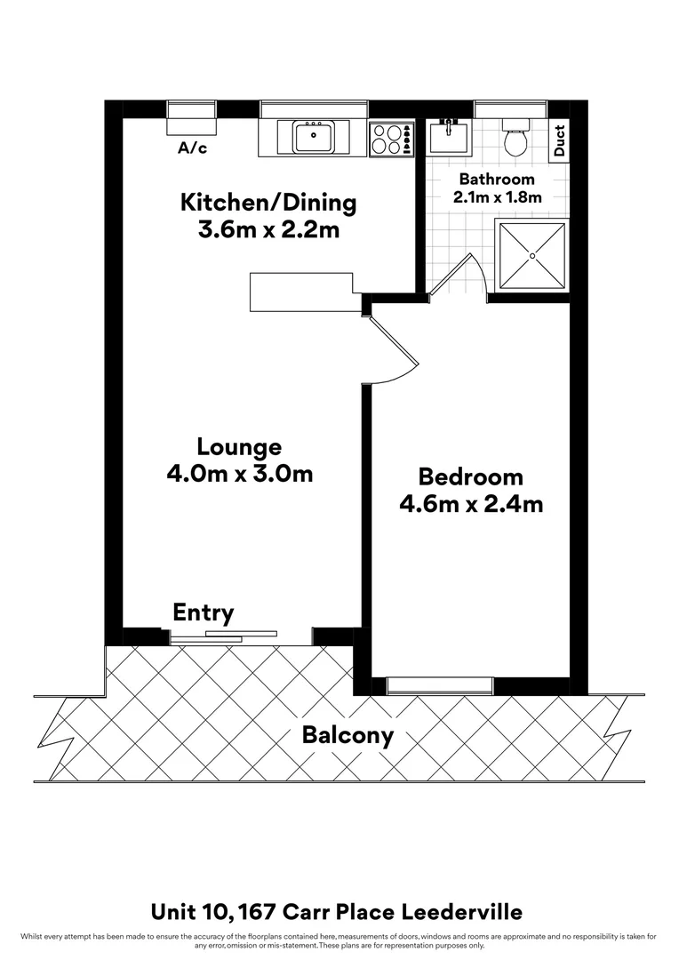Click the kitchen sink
tap(313, 138)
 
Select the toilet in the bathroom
tap(515, 140)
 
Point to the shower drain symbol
tap(532, 256)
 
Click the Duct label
tap(559, 140)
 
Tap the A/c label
tap(193, 148)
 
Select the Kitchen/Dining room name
tap(268, 202)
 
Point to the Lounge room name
tap(239, 446)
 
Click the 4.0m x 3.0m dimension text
tap(239, 474)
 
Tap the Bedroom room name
tap(471, 476)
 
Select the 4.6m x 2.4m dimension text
tap(471, 504)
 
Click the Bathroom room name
tap(497, 180)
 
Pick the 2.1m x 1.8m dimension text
tap(497, 197)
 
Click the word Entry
tap(204, 612)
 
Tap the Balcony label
tap(347, 736)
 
